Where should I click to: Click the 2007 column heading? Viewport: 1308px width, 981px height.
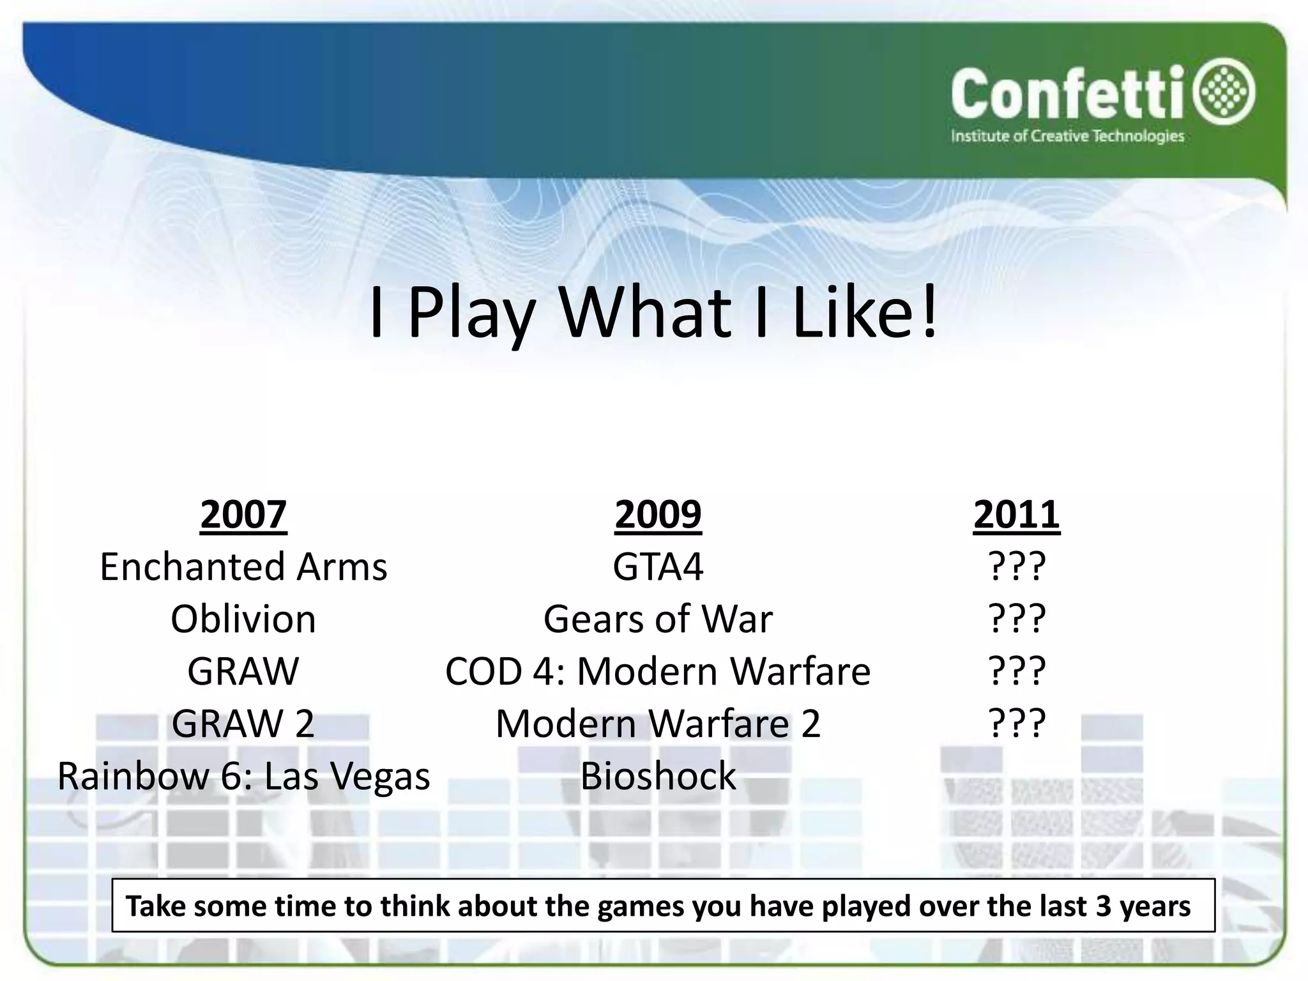click(243, 514)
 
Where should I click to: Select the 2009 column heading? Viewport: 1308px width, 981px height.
click(658, 514)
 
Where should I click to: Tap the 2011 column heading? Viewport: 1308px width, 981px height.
click(1016, 514)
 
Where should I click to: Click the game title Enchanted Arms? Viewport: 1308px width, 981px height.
click(243, 567)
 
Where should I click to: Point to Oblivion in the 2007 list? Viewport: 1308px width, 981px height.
click(243, 619)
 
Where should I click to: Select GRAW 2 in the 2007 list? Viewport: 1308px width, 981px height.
click(243, 724)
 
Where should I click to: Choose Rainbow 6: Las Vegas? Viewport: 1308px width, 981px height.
click(243, 777)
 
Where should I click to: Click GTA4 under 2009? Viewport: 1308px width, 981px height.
click(658, 567)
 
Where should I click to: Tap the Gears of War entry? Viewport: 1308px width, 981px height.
click(658, 619)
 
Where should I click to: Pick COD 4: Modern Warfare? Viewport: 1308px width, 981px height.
click(658, 671)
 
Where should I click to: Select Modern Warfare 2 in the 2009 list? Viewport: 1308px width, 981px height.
click(658, 724)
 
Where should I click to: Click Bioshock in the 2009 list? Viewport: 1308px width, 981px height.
click(658, 776)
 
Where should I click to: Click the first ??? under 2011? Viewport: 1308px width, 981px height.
click(1017, 567)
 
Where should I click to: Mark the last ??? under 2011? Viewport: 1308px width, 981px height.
click(1017, 724)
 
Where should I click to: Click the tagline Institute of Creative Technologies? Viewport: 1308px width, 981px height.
click(1067, 136)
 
